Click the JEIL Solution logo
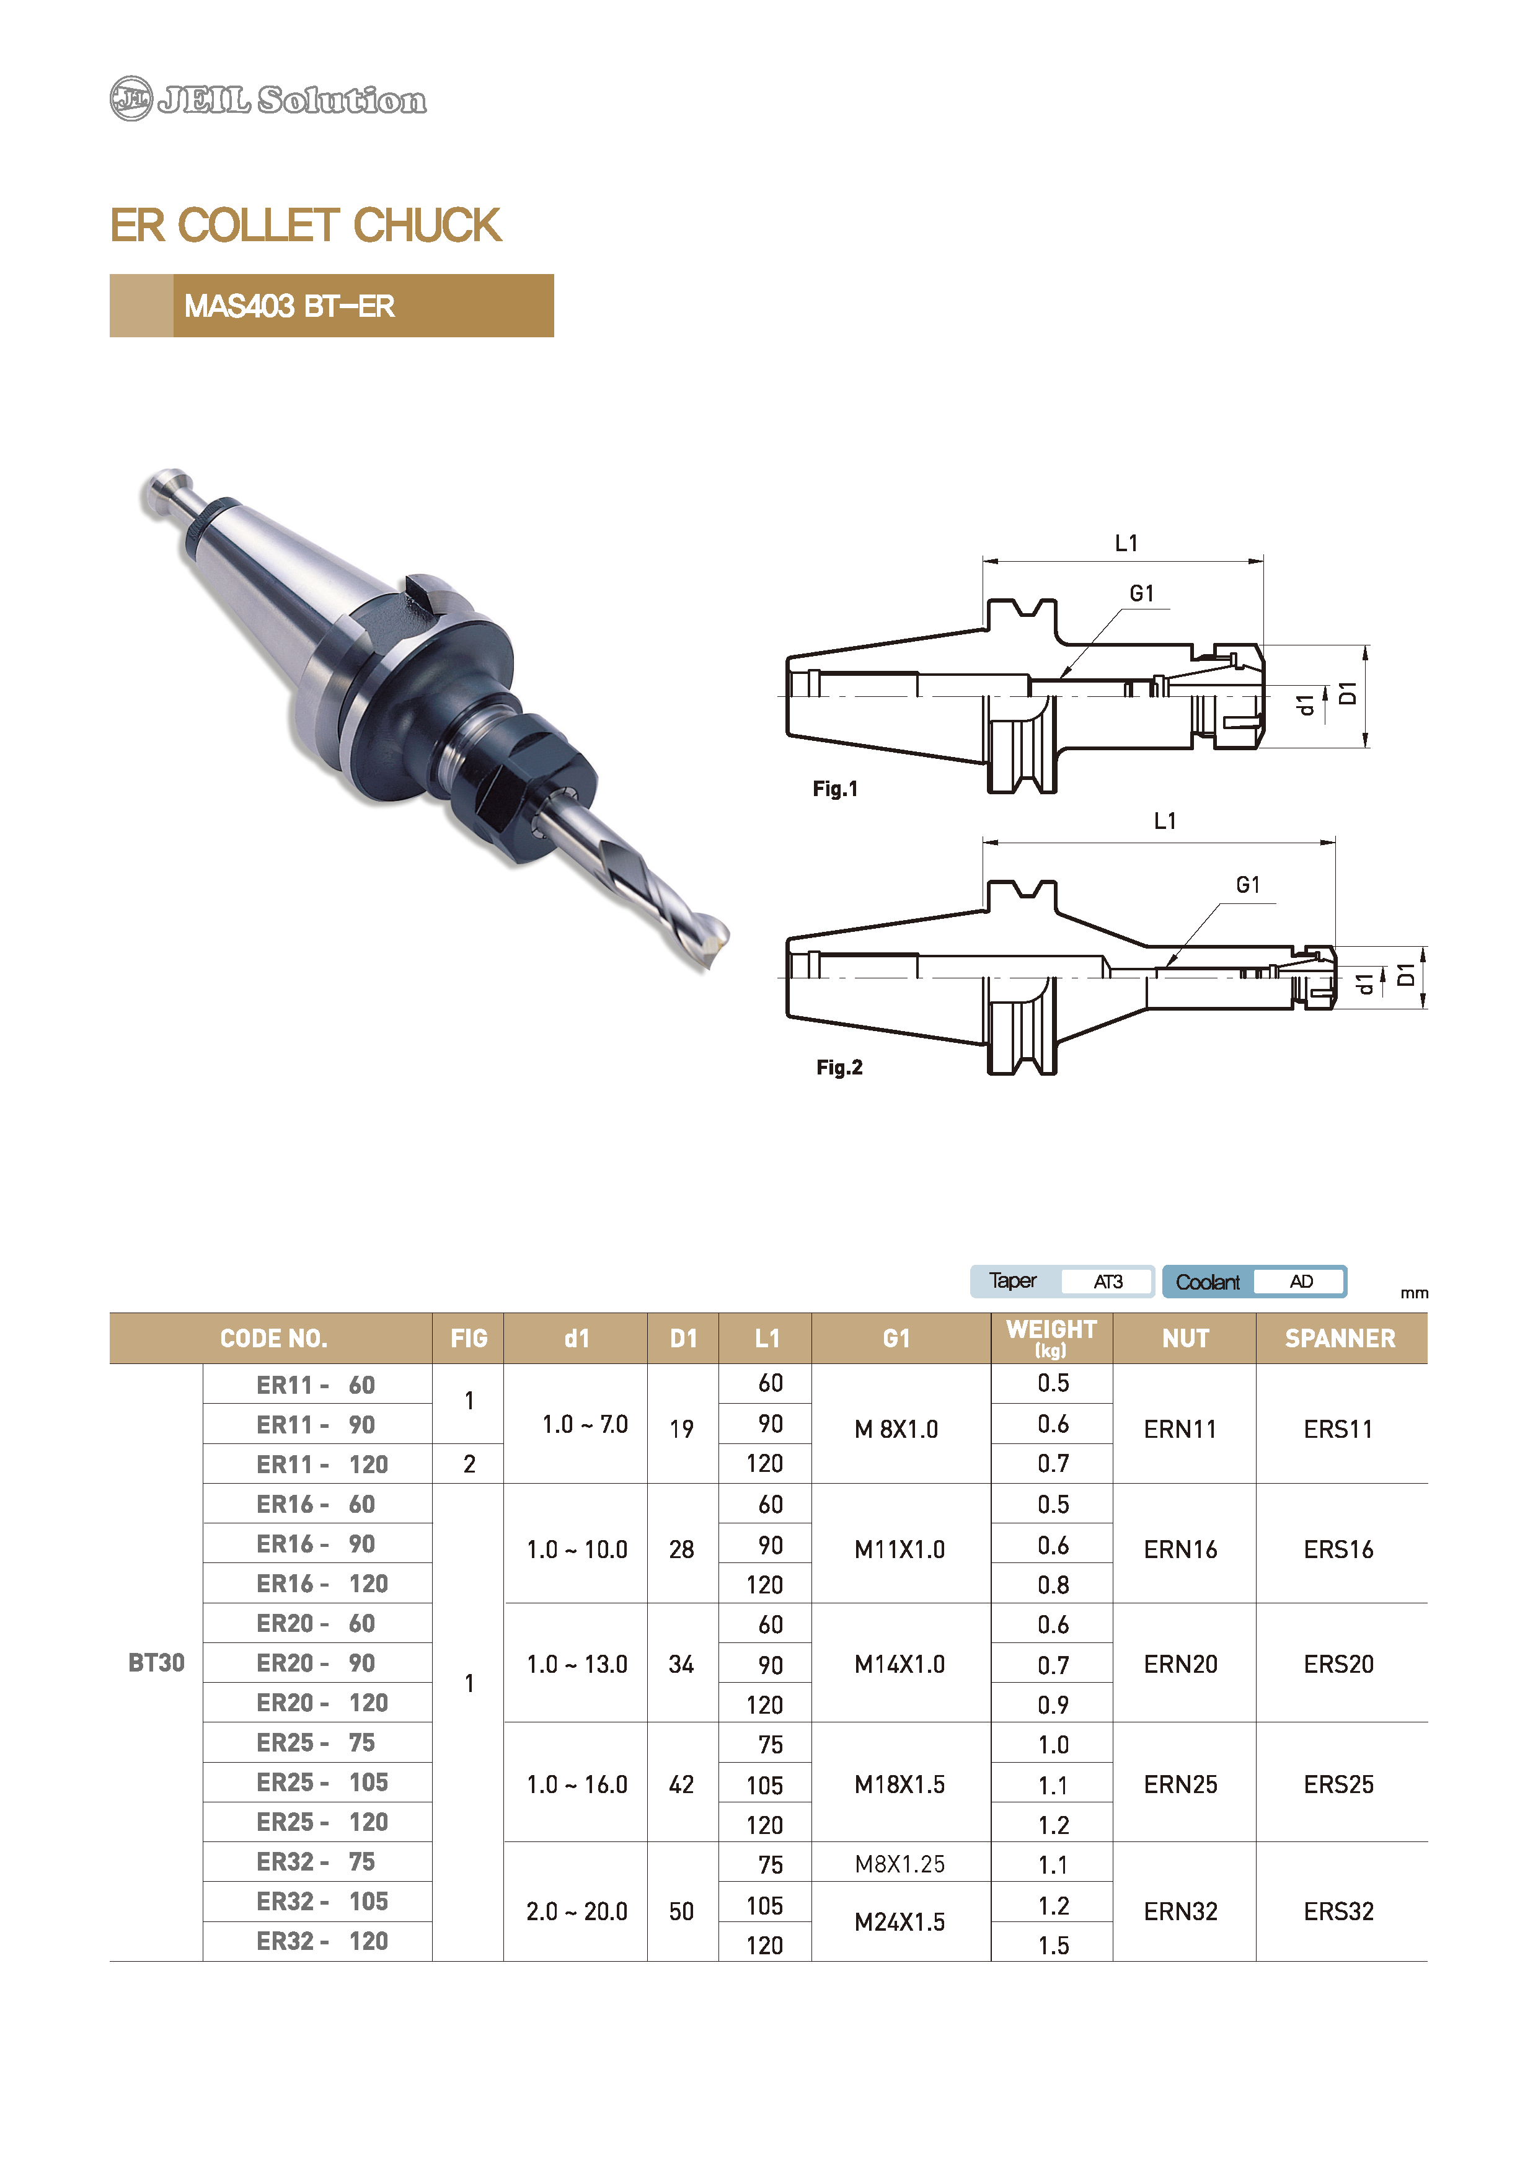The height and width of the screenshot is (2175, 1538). point(268,99)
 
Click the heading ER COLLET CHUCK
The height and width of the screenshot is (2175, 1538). point(305,226)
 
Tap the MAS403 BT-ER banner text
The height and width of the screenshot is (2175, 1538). point(289,306)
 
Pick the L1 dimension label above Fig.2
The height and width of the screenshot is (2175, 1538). point(1165,822)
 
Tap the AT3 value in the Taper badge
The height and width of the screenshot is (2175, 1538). point(1108,1282)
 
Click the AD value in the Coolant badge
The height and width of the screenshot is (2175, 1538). point(1301,1282)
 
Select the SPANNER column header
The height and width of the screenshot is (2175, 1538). point(1340,1339)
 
